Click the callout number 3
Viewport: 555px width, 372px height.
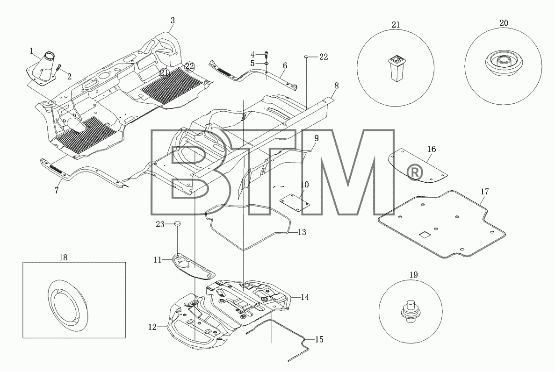[173, 21]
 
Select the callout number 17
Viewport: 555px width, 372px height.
[484, 192]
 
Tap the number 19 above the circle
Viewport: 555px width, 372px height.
[413, 275]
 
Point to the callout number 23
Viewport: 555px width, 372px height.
[160, 224]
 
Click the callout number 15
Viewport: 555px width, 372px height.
[319, 339]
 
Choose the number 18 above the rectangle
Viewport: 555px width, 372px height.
[64, 258]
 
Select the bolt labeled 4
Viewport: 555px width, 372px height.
[266, 55]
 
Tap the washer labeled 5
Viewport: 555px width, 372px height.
[266, 64]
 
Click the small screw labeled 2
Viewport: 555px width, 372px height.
[59, 66]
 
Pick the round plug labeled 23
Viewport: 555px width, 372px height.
[177, 223]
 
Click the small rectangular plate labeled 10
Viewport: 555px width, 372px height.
[295, 202]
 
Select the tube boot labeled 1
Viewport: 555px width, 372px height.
[42, 69]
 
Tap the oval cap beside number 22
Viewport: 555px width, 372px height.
[307, 56]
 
